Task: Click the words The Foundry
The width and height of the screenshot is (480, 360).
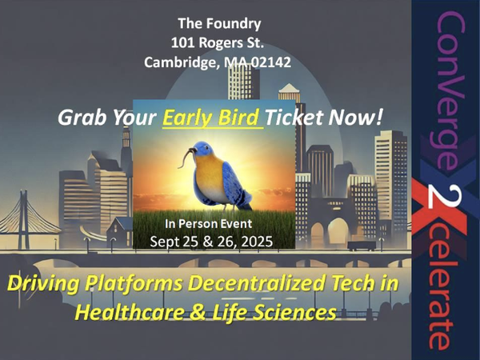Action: [219, 24]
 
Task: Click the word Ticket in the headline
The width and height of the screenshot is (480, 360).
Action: [294, 118]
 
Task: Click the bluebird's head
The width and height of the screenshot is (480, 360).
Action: [203, 149]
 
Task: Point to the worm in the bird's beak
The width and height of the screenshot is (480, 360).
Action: [186, 157]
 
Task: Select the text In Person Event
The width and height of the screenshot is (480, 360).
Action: [209, 224]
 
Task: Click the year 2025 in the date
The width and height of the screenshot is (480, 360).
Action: [257, 242]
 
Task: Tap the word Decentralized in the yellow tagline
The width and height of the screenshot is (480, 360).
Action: [256, 283]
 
